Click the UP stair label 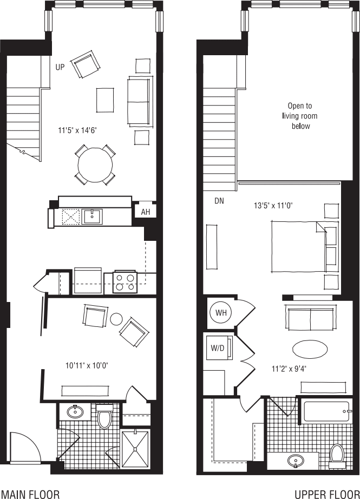click(x=60, y=67)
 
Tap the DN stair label click(x=219, y=201)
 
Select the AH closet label click(x=146, y=212)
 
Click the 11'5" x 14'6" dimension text click(x=77, y=130)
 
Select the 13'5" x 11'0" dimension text click(x=273, y=206)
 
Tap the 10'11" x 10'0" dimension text click(x=87, y=366)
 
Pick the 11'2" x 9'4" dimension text click(x=289, y=369)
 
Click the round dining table click(x=95, y=165)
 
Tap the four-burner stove click(x=125, y=283)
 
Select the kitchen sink click(x=93, y=216)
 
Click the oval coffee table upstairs click(x=310, y=350)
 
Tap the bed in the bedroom click(x=299, y=247)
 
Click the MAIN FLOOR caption click(x=30, y=494)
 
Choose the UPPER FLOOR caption click(x=327, y=494)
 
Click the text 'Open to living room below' click(x=300, y=116)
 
